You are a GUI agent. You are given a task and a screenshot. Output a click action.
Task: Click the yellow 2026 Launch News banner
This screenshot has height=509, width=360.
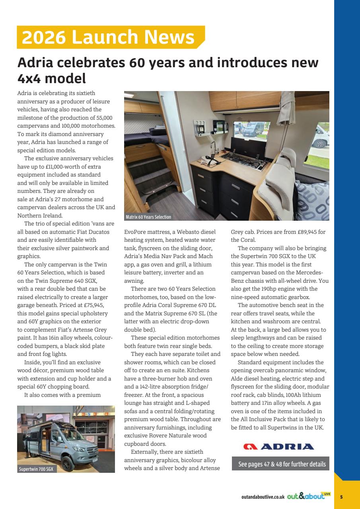[111, 37]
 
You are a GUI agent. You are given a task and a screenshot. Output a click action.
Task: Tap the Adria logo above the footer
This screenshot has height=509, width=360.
[279, 446]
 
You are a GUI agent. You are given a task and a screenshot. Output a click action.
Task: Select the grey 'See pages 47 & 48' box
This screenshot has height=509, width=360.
[281, 464]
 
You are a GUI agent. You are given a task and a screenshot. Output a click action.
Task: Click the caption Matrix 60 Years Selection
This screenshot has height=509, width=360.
[148, 217]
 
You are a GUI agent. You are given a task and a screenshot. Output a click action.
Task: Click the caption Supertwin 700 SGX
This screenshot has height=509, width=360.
[35, 469]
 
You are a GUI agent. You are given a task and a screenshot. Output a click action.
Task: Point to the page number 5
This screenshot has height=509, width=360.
[341, 497]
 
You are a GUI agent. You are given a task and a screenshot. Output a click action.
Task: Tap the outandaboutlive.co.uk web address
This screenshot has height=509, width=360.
[263, 497]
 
